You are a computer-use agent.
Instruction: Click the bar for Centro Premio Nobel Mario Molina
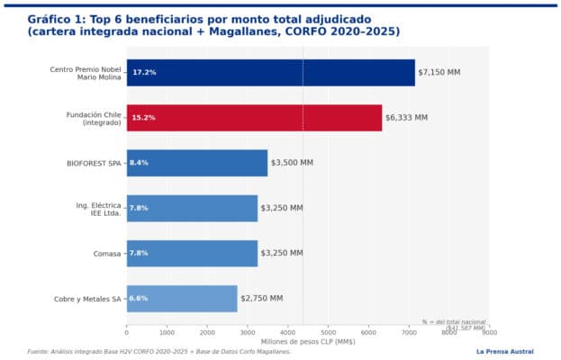pos(270,72)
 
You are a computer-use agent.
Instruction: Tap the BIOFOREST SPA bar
pos(197,163)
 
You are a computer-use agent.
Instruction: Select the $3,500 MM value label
pos(292,163)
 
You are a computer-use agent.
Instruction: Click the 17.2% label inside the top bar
pos(144,72)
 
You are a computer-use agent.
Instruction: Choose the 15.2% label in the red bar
pos(144,117)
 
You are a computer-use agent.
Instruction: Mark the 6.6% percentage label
pos(139,298)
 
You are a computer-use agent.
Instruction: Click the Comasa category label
pos(108,253)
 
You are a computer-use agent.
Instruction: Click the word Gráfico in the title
pos(50,18)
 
